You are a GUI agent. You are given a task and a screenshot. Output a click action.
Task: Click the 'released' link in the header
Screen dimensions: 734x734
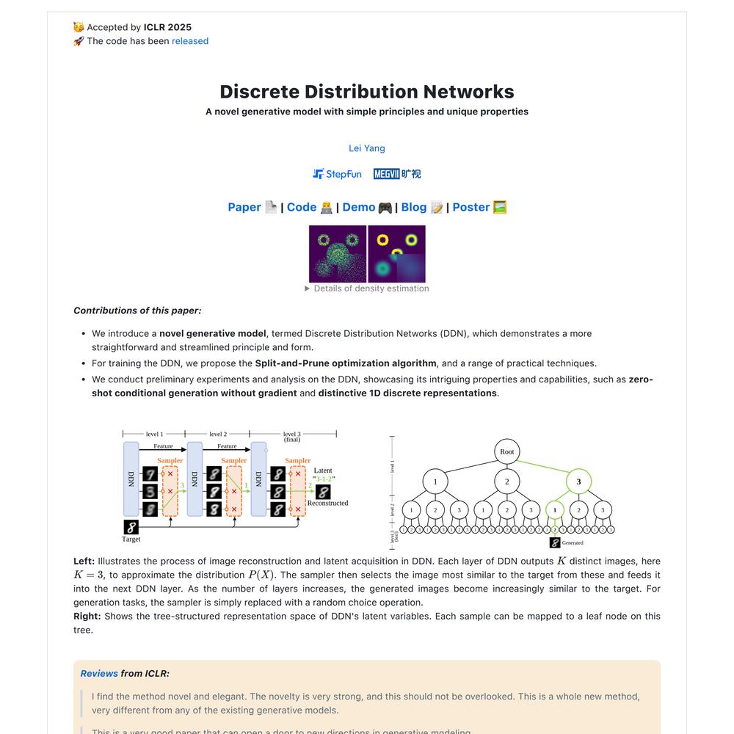[190, 41]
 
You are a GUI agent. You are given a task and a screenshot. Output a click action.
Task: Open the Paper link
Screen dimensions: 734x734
[244, 207]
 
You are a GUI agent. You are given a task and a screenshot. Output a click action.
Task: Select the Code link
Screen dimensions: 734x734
[302, 207]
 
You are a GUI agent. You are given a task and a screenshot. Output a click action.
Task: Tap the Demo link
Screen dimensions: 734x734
[359, 207]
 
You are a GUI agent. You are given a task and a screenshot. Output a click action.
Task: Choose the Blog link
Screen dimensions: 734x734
[414, 207]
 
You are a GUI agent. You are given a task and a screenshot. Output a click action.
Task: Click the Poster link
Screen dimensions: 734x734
[471, 207]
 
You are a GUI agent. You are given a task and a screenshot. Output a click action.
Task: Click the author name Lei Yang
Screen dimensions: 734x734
[367, 148]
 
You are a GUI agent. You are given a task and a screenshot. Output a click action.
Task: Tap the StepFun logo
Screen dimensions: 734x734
[337, 174]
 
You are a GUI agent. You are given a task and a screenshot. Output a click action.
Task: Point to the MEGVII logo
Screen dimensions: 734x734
[397, 174]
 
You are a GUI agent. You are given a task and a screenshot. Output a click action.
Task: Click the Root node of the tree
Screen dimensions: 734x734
[507, 451]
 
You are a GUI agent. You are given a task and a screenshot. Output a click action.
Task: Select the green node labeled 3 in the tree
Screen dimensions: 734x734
[578, 482]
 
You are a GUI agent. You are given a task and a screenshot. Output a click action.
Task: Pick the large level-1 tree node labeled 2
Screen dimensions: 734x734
[507, 482]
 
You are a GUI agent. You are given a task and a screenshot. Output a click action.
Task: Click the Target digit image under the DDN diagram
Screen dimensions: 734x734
[131, 527]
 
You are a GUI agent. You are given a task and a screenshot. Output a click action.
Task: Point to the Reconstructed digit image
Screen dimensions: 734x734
[323, 492]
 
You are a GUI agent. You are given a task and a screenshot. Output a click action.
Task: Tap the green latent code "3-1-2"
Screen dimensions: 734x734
[324, 479]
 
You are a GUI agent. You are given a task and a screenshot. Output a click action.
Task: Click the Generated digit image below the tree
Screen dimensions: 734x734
[555, 542]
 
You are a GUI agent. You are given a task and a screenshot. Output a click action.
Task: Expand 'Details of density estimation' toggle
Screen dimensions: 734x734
[367, 288]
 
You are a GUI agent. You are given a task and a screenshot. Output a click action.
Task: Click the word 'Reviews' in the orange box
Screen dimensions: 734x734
[99, 673]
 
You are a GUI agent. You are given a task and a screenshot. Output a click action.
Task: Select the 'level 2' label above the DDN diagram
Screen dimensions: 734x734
[218, 435]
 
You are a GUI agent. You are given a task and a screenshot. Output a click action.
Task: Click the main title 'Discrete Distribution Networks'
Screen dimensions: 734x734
[367, 92]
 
